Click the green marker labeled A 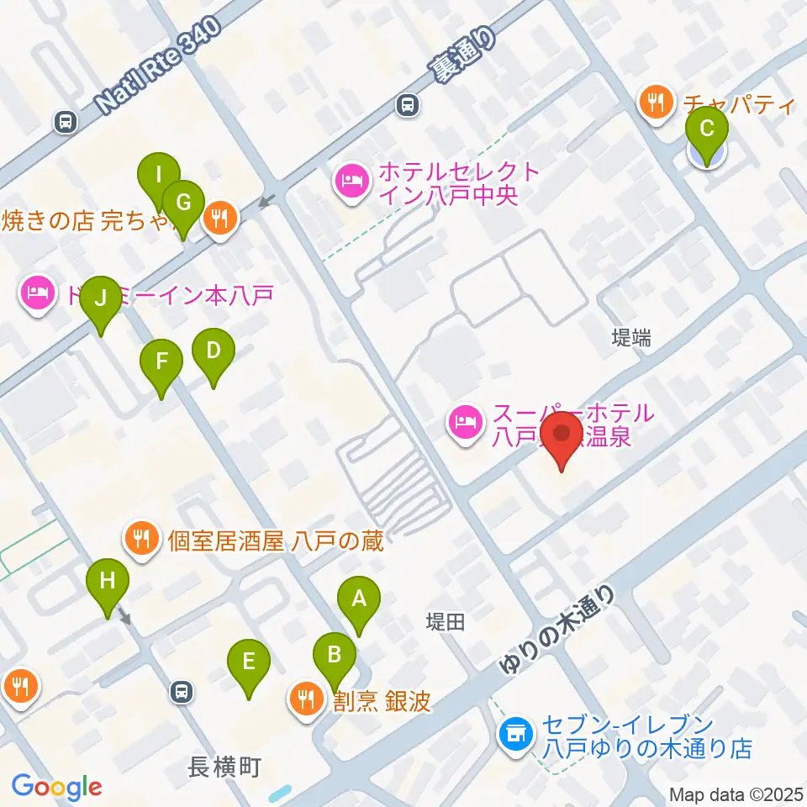(359, 600)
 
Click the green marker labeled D (213, 351)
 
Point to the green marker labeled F (161, 362)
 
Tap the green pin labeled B (335, 654)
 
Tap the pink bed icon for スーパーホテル (465, 420)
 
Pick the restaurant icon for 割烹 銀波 (304, 699)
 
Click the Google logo (57, 787)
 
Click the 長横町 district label (224, 767)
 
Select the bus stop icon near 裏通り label (408, 105)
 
